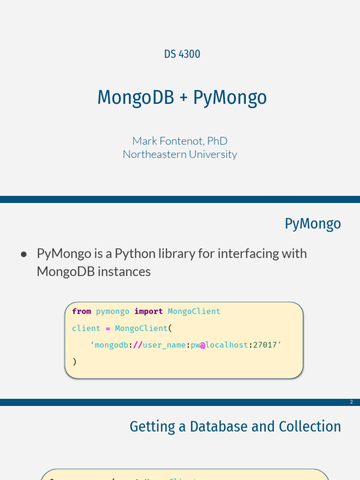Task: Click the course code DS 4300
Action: point(182,54)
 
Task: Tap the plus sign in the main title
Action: point(183,98)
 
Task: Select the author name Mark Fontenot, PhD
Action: point(180,141)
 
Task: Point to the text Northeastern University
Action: point(180,154)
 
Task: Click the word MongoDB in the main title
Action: point(135,98)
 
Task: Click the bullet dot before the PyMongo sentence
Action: point(24,254)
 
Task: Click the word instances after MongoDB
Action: point(124,271)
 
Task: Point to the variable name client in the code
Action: point(86,328)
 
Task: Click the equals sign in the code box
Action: point(108,328)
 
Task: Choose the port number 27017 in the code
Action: point(265,345)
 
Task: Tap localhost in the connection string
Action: point(226,345)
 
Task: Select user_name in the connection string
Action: point(164,345)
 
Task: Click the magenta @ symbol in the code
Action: point(202,345)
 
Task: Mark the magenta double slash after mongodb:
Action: point(137,345)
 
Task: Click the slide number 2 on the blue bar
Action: point(351,402)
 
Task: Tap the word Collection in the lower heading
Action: point(310,427)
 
